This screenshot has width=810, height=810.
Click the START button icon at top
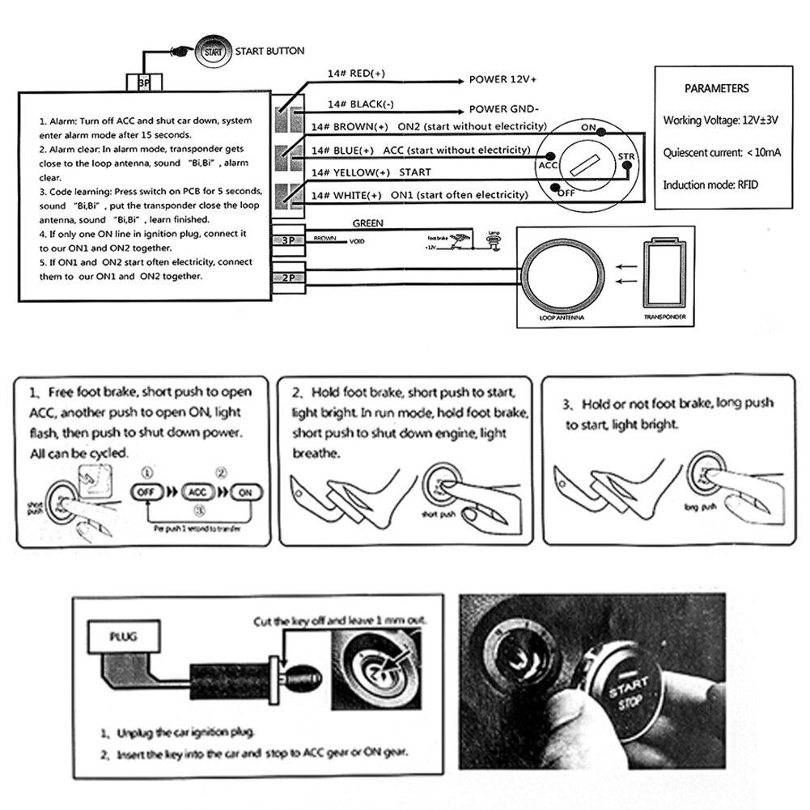point(213,51)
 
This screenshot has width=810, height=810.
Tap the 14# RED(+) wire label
point(356,74)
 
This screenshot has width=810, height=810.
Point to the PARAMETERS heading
point(716,88)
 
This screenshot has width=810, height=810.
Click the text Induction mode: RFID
point(710,184)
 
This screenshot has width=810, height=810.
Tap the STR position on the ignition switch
point(626,156)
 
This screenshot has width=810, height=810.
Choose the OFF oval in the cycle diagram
point(147,491)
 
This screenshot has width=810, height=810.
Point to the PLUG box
point(124,636)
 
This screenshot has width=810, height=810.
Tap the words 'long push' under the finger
point(701,507)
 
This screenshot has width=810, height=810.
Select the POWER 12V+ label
point(503,80)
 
